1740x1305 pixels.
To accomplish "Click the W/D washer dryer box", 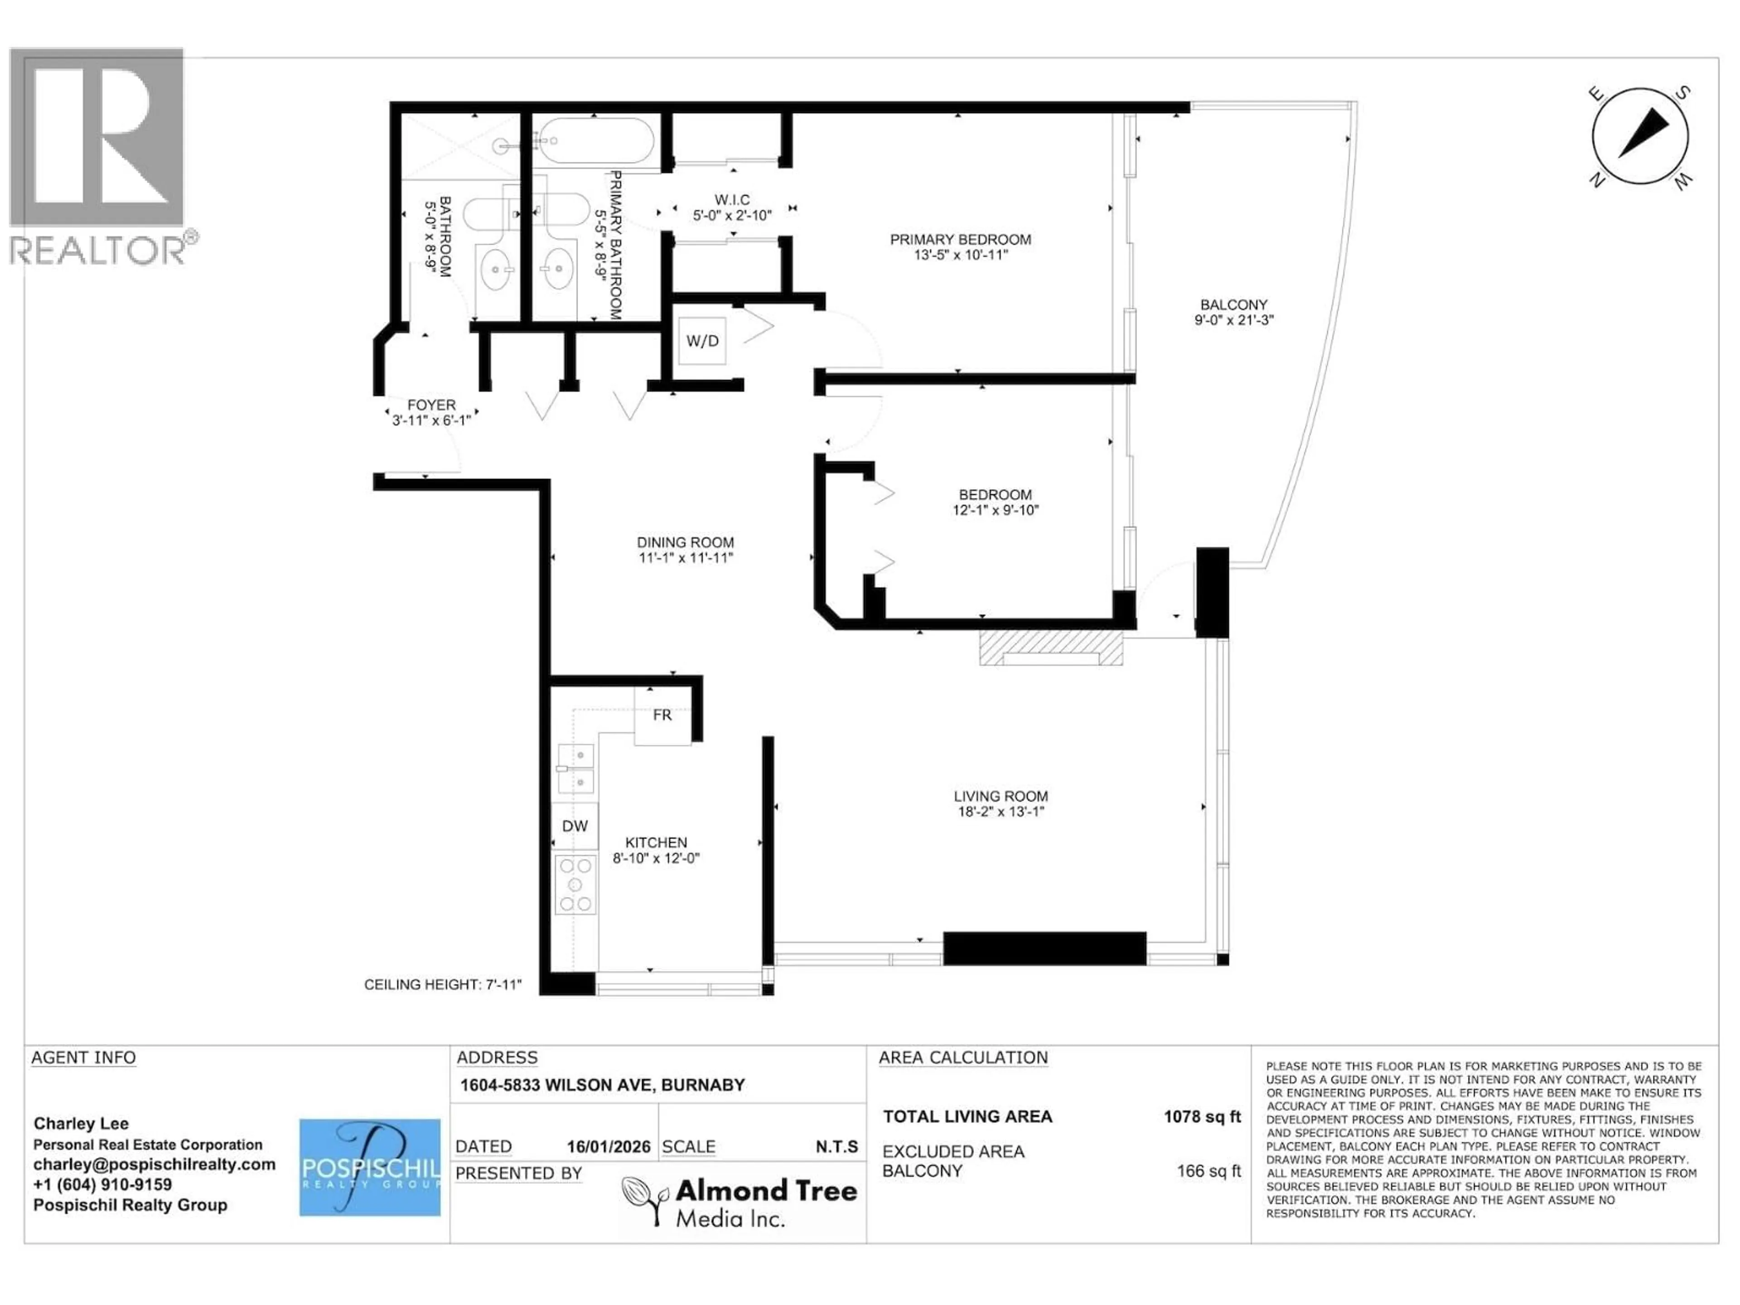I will [x=701, y=341].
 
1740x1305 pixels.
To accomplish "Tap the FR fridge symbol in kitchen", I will [x=662, y=715].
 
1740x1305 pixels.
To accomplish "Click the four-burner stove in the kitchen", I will [x=575, y=885].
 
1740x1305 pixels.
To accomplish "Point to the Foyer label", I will [x=431, y=405].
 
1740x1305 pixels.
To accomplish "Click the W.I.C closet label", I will [x=731, y=200].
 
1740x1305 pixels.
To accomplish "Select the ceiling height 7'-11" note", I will [x=443, y=984].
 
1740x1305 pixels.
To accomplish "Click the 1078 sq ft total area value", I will [x=1201, y=1116].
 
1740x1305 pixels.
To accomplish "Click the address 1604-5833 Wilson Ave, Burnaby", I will [x=602, y=1085].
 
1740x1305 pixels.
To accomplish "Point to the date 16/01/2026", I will [x=608, y=1147].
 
